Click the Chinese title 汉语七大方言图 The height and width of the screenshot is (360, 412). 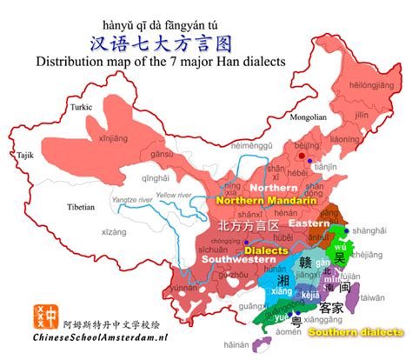pos(206,41)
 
